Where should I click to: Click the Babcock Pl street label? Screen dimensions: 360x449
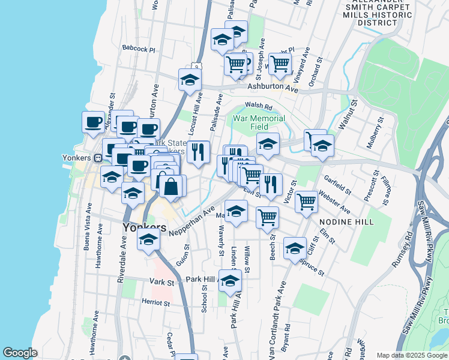[138, 49]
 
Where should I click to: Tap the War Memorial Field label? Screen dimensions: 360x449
[259, 123]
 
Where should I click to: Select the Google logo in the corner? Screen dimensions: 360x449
[20, 353]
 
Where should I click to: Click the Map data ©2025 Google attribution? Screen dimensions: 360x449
[412, 355]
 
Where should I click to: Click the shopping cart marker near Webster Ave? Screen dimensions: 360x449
[306, 202]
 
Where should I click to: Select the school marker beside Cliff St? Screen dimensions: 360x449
[295, 248]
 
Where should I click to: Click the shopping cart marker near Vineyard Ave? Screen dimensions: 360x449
[280, 64]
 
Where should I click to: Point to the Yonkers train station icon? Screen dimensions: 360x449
[97, 158]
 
